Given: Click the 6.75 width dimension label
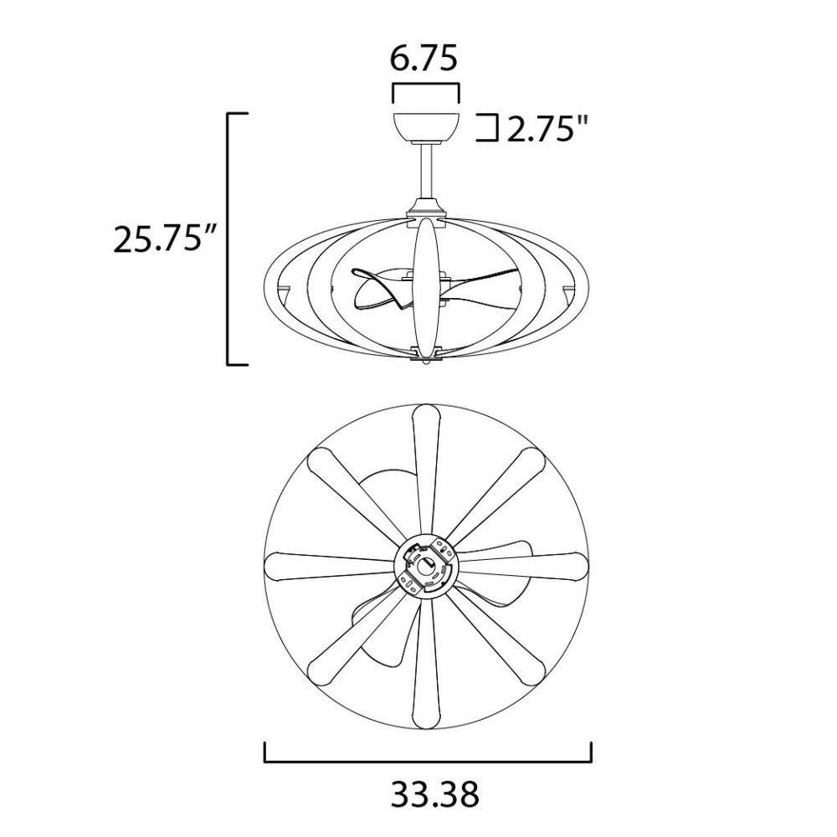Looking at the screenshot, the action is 424,59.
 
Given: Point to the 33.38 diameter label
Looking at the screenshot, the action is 435,794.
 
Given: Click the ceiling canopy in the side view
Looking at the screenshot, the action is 427,129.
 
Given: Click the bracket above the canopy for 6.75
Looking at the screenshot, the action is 426,89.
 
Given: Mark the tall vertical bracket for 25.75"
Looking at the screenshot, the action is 229,239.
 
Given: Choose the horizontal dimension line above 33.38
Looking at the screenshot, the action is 428,762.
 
